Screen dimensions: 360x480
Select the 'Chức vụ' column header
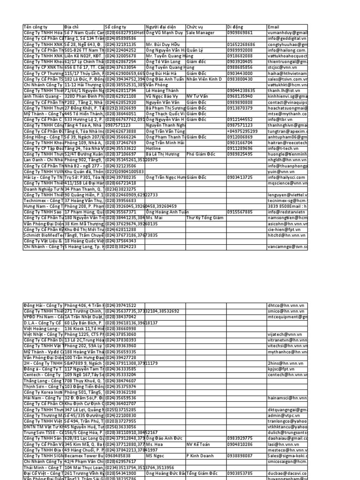click(195, 28)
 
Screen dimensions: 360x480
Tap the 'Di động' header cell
click(236, 28)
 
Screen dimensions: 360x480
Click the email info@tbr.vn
click(278, 120)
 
